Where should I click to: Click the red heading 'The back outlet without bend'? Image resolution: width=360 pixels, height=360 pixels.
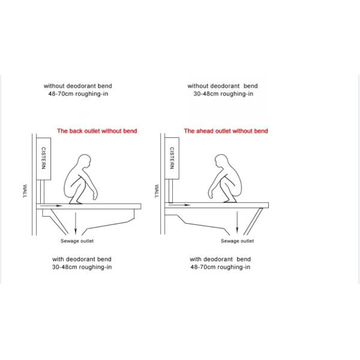[97, 131]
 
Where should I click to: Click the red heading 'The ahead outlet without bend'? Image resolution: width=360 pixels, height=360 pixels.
[226, 131]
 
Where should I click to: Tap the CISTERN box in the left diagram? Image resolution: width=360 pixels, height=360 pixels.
[44, 158]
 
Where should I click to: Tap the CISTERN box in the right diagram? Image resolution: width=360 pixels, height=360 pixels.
[172, 158]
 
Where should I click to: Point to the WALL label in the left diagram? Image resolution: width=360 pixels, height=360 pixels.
[25, 191]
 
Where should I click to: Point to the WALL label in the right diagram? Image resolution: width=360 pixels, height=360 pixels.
[157, 191]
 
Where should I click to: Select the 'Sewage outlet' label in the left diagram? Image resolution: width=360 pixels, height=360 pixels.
[77, 241]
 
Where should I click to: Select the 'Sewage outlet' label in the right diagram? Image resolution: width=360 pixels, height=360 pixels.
[237, 241]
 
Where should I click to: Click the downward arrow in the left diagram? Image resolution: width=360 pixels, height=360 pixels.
[76, 224]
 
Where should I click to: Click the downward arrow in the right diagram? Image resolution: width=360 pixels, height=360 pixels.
[237, 223]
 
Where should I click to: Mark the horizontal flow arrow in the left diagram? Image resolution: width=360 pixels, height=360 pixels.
[51, 206]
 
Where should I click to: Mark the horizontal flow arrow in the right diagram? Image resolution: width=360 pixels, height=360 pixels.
[179, 205]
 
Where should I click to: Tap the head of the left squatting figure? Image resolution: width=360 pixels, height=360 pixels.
[84, 161]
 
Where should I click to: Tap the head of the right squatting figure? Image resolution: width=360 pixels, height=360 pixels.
[221, 161]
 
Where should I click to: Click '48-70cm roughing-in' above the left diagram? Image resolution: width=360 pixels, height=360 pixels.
[78, 94]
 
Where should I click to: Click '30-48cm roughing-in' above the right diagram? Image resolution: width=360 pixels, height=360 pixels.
[223, 94]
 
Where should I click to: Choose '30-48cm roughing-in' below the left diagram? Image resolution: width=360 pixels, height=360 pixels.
[82, 267]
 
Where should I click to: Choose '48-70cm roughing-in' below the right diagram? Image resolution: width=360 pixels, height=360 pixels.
[220, 267]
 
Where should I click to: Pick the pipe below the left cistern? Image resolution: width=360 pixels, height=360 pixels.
[42, 192]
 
